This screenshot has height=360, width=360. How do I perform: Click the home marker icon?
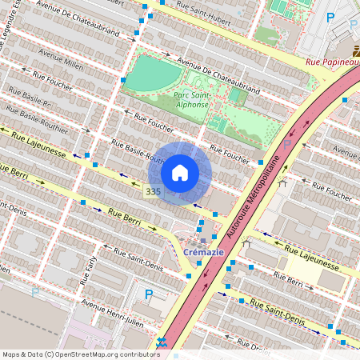[180, 173]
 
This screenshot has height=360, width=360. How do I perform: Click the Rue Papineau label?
[333, 62]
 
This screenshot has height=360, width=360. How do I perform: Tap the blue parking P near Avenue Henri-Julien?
[148, 294]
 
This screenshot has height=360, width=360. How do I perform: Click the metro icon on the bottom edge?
[162, 343]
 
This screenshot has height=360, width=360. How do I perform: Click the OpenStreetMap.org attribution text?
[80, 354]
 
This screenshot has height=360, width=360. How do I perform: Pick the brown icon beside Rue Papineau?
[354, 50]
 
